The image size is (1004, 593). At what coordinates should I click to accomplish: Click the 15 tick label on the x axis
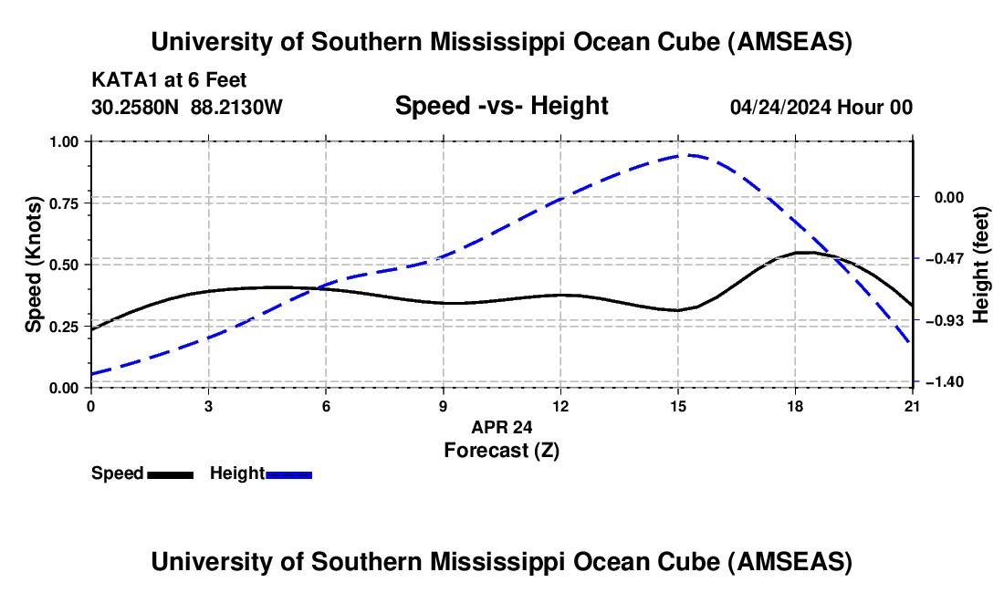[677, 406]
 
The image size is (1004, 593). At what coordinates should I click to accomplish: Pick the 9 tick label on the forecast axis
[443, 406]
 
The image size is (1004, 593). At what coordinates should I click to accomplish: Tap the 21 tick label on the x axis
[912, 406]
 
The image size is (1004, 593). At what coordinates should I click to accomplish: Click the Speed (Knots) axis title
[34, 265]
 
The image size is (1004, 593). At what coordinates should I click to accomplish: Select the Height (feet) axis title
[982, 265]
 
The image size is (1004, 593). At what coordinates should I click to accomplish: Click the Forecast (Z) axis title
[501, 450]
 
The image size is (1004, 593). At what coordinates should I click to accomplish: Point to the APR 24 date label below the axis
[501, 427]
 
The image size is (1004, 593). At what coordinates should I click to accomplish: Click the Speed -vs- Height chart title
[501, 107]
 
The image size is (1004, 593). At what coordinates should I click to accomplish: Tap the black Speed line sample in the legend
[170, 474]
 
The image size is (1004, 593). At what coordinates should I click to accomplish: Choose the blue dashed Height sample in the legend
[288, 474]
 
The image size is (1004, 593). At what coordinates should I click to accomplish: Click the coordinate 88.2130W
[236, 108]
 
